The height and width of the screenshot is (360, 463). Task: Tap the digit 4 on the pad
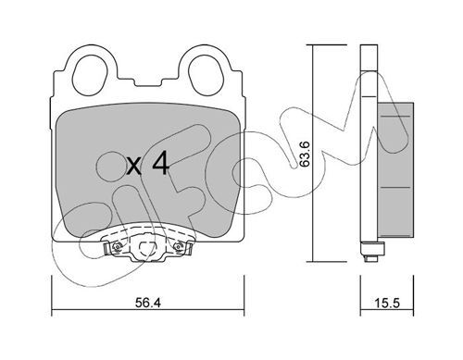161,163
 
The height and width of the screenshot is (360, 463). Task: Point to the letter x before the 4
134,167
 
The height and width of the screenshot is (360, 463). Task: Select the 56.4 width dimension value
148,303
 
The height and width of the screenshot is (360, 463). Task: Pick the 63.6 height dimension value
305,155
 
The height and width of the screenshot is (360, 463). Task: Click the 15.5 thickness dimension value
387,303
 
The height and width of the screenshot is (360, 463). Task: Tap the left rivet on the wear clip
117,246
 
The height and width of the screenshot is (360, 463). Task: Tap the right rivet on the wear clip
179,246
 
